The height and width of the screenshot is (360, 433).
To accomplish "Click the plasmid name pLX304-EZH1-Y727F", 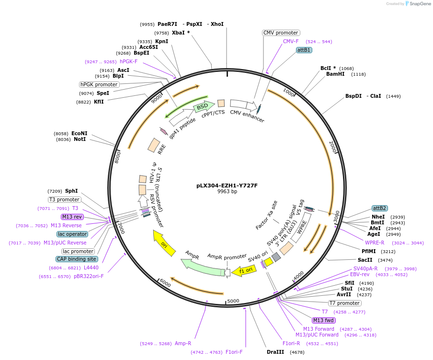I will pyautogui.click(x=227, y=185).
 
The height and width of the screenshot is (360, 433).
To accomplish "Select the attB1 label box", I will pyautogui.click(x=304, y=50).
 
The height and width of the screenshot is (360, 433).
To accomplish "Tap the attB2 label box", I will pyautogui.click(x=380, y=208).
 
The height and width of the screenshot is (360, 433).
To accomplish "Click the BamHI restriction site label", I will pyautogui.click(x=335, y=74).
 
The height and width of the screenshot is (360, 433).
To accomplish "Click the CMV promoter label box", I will pyautogui.click(x=281, y=33).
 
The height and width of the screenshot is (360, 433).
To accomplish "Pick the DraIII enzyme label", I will pyautogui.click(x=275, y=352).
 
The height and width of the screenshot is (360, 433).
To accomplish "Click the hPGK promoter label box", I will pyautogui.click(x=99, y=84).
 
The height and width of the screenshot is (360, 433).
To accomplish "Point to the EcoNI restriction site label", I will pyautogui.click(x=80, y=133).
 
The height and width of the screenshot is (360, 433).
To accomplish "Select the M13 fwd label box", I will pyautogui.click(x=324, y=320).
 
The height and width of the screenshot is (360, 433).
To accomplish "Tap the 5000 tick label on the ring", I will pyautogui.click(x=233, y=301).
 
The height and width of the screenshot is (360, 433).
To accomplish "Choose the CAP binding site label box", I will pyautogui.click(x=77, y=259).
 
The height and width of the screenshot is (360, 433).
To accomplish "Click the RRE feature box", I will pyautogui.click(x=154, y=145).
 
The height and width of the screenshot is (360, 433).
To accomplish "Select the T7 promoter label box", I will pyautogui.click(x=344, y=303).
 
